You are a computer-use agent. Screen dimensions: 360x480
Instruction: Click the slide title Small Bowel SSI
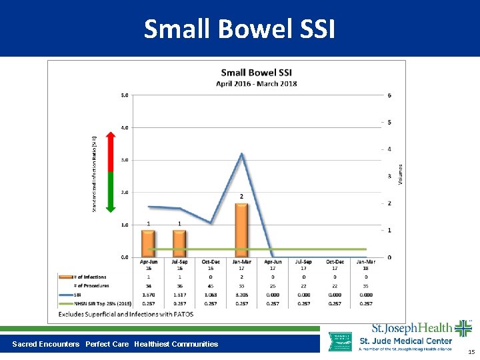coord(239,29)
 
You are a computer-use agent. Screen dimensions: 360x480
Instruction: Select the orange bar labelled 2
coord(241,230)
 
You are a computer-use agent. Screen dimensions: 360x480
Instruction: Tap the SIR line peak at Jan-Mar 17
coord(241,154)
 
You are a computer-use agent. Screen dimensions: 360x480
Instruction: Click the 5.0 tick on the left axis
coord(125,95)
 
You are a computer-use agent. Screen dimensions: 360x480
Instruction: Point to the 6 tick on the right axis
coord(389,95)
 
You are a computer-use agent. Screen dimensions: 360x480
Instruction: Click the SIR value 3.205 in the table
coord(241,294)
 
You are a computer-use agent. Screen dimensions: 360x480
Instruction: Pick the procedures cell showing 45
coord(211,285)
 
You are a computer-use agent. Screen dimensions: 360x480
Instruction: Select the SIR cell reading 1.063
coord(211,294)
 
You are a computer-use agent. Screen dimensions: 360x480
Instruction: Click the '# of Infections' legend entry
coord(89,277)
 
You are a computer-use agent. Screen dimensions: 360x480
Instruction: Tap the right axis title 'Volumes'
coord(401,175)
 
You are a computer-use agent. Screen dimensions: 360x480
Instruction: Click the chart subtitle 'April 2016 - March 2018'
coord(257,83)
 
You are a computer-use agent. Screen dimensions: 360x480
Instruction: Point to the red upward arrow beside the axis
coord(111,152)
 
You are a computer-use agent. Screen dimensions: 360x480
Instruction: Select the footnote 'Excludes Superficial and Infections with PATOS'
coord(126,313)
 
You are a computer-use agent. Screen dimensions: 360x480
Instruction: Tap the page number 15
coord(471,351)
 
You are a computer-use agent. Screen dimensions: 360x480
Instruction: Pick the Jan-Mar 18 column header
coord(366,265)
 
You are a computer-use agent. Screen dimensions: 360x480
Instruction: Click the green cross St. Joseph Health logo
coord(463,329)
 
